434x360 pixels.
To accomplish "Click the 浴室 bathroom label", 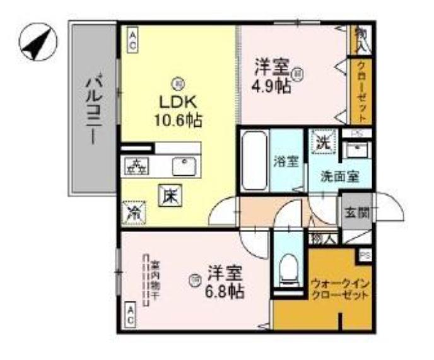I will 286,161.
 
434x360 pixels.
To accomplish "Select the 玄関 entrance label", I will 354,212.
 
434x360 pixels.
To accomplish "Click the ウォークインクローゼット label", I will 339,289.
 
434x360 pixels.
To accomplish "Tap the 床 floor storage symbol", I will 170,197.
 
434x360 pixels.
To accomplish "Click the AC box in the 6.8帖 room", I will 131,314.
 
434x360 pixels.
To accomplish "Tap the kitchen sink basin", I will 184,166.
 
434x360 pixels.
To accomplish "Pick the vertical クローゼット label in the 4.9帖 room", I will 361,91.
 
